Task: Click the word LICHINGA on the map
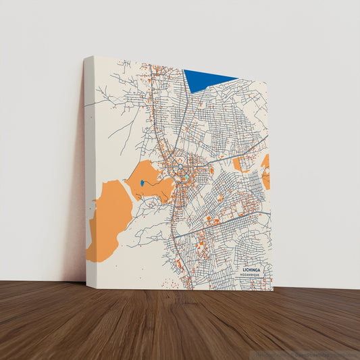tap(251, 269)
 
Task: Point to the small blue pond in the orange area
tap(142, 183)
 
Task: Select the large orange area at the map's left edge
tap(108, 216)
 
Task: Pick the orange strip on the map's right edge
tap(266, 172)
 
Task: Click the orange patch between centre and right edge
tap(238, 163)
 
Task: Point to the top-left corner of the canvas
tap(86, 57)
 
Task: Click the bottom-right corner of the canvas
tap(274, 290)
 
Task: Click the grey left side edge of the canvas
tap(88, 169)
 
